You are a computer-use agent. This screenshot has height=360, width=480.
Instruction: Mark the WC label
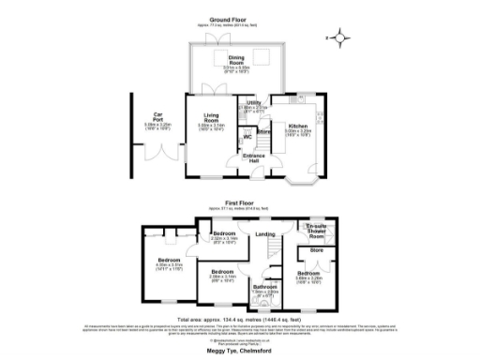247,138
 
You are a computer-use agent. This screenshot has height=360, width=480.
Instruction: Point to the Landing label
266,234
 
